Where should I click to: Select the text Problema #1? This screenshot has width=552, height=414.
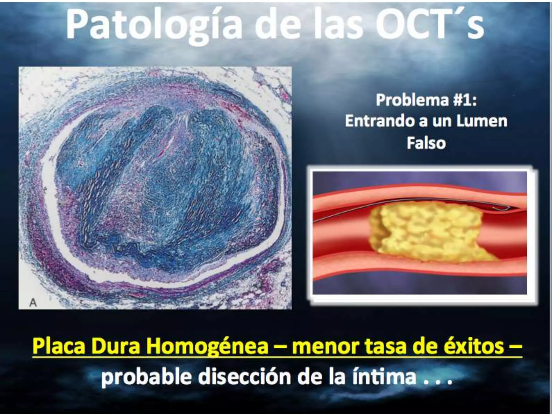tap(426, 100)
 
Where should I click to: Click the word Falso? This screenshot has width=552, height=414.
tap(426, 143)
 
